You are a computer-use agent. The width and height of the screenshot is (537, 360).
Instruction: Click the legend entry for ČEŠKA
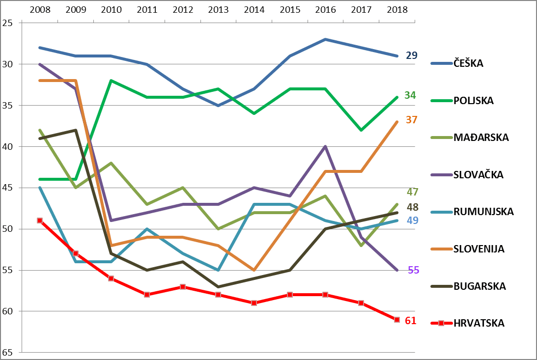coord(468,63)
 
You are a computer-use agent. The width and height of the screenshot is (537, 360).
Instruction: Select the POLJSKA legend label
coord(474,101)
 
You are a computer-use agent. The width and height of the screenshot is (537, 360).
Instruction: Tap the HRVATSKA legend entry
coord(479,323)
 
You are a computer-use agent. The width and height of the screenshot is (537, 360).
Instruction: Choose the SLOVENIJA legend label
coord(479,249)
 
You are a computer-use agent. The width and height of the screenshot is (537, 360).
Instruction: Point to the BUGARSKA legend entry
coord(479,286)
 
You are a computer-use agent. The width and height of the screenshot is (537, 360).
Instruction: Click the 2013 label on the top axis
coord(218,9)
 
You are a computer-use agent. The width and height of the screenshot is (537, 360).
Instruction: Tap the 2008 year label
coord(40,9)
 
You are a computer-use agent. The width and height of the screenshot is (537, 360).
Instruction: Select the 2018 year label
coord(397,9)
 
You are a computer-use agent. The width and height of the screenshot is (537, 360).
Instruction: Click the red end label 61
coord(410,321)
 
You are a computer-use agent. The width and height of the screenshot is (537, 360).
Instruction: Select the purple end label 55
coord(414,270)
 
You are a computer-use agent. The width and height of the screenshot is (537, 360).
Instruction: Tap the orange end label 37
coord(411,119)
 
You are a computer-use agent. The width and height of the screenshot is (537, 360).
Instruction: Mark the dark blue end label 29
coord(411,55)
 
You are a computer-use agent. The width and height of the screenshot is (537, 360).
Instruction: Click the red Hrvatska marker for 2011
coord(147,295)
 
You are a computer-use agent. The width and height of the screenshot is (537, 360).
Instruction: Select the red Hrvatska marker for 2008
coord(40,221)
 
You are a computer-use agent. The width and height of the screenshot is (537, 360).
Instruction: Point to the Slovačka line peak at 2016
coord(325,146)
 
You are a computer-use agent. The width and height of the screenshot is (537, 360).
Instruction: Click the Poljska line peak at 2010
coord(111,81)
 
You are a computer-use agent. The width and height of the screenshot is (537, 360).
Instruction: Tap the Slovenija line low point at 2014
coord(254,270)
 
